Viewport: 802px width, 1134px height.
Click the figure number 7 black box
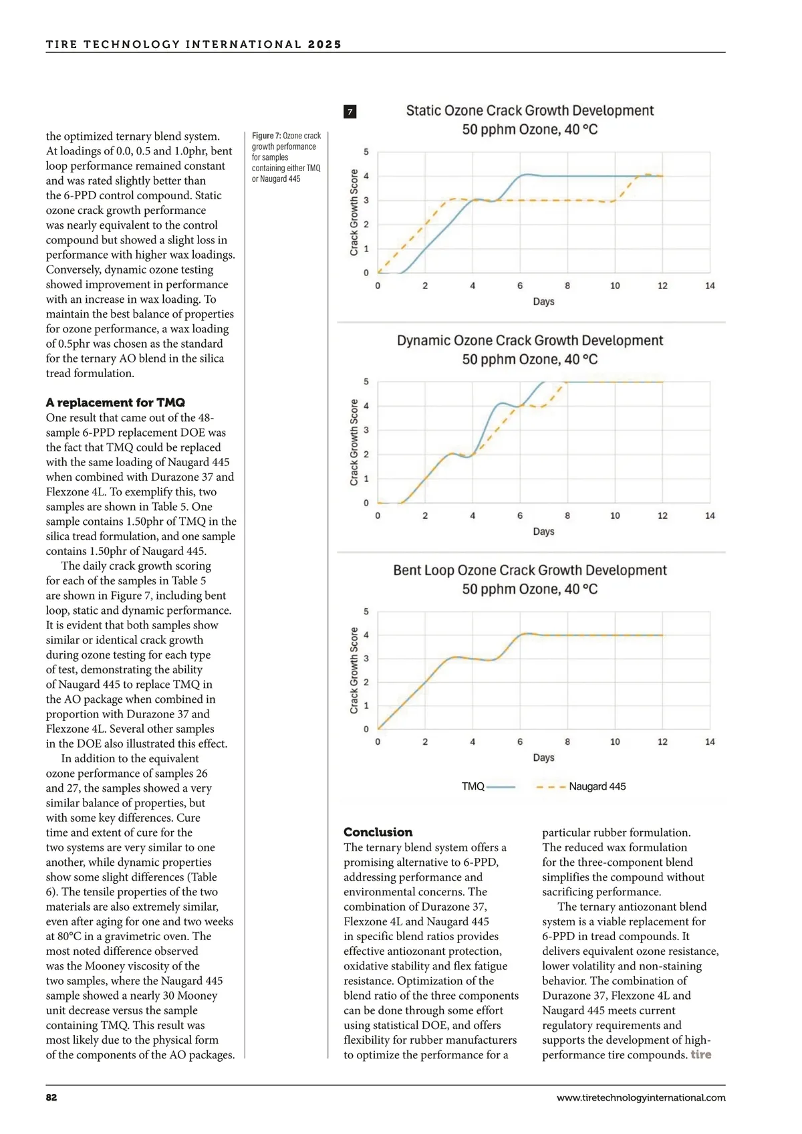(x=350, y=112)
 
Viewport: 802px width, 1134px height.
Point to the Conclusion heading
(x=378, y=832)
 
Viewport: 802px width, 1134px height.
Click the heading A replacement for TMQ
(x=115, y=403)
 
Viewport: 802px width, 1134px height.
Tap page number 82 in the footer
(x=51, y=1097)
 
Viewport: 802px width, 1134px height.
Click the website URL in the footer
(x=640, y=1097)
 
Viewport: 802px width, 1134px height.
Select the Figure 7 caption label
(x=266, y=136)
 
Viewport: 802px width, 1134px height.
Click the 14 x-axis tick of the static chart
(x=710, y=286)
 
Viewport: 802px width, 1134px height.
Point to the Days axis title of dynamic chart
(x=543, y=532)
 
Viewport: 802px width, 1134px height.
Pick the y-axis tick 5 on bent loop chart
(x=366, y=611)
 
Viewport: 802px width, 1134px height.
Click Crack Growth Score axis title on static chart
(x=354, y=213)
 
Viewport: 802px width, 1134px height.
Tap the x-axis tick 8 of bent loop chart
(x=567, y=742)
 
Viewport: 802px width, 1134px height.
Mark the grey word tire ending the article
(x=700, y=1054)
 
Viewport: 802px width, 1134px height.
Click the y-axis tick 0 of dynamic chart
(x=366, y=503)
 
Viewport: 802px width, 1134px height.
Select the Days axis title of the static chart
(x=543, y=302)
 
